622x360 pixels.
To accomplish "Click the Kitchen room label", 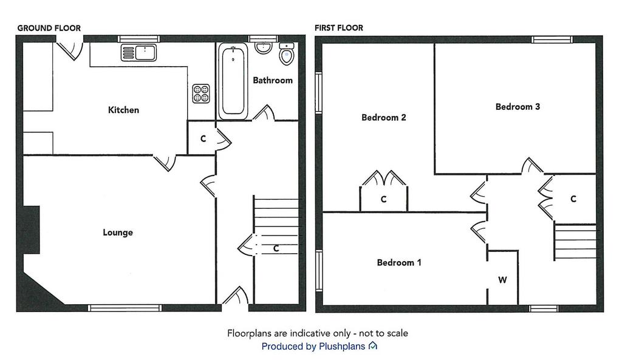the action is (123, 110).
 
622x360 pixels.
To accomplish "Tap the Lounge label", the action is (118, 233).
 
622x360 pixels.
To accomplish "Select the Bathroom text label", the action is (273, 81).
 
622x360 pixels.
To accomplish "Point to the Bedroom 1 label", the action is (399, 262).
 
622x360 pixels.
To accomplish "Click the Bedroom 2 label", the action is (384, 117).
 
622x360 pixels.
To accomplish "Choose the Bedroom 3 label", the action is (518, 107).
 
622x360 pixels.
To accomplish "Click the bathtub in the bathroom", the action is (233, 81).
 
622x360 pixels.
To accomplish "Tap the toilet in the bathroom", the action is (287, 54).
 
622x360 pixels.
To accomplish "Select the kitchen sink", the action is (138, 53).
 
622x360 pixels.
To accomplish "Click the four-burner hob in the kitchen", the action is (201, 93).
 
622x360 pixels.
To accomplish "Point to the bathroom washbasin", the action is (263, 47).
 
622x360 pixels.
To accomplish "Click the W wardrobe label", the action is (502, 280).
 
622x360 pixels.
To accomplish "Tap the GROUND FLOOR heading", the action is (49, 28).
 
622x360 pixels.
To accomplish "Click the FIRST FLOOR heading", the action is (339, 28).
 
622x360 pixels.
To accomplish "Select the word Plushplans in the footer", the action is (342, 347).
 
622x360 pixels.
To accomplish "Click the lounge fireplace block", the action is (31, 229).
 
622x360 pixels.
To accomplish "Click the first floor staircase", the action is (575, 242).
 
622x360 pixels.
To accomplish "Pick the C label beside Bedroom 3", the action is (573, 199).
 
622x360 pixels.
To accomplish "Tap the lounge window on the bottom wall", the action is (125, 308).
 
